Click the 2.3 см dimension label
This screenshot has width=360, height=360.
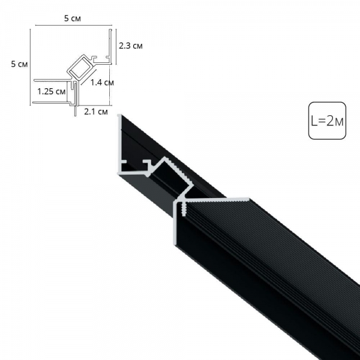tap(130, 46)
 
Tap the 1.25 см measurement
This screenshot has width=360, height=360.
tap(51, 92)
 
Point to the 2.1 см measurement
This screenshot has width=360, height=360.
tap(96, 111)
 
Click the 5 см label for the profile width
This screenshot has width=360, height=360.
tap(73, 19)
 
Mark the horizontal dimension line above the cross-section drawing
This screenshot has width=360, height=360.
tap(73, 26)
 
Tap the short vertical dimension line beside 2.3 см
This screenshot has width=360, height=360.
tap(115, 44)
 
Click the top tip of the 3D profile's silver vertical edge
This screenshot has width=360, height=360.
tap(119, 115)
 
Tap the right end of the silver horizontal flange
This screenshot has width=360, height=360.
tap(248, 197)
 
